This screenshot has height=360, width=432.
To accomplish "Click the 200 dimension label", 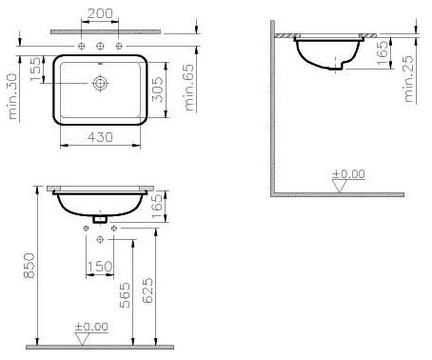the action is point(100,13).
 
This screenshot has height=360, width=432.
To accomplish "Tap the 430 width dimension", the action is point(100,137).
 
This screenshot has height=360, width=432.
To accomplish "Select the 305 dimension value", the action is point(158,90).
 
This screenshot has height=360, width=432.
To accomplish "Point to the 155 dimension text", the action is point(36,69).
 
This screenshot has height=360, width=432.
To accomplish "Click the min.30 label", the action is point(12,96).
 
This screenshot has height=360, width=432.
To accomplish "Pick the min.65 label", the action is point(189,88).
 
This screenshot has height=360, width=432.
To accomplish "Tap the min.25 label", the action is point(409,79).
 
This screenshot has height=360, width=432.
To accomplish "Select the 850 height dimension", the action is point(29,266).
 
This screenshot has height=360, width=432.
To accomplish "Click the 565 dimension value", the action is point(125,295).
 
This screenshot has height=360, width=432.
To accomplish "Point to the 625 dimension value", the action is point(147,290).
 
